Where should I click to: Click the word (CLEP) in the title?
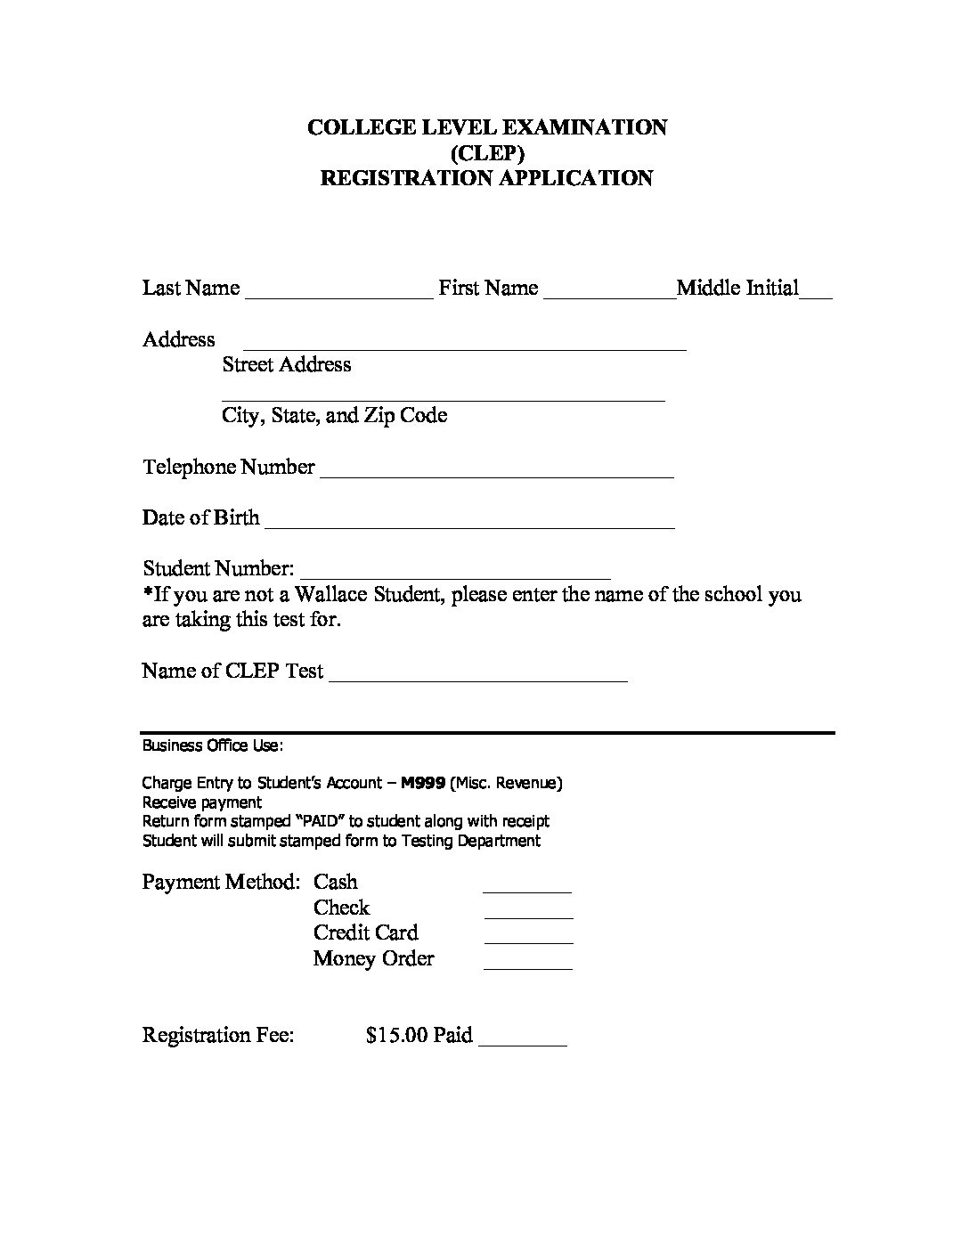click(x=487, y=152)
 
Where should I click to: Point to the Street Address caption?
click(x=287, y=364)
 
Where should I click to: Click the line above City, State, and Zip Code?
click(x=443, y=400)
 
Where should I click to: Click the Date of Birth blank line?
click(x=469, y=526)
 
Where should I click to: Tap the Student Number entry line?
click(x=457, y=577)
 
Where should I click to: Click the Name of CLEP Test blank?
click(x=478, y=680)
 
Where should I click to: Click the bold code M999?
click(x=423, y=783)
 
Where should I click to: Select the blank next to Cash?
click(x=526, y=890)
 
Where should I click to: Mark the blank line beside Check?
click(x=528, y=916)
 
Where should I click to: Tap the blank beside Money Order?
click(x=527, y=966)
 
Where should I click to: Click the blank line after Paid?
click(x=523, y=1043)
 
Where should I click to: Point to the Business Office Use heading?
click(x=213, y=745)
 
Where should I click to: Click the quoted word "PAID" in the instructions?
click(x=319, y=821)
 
